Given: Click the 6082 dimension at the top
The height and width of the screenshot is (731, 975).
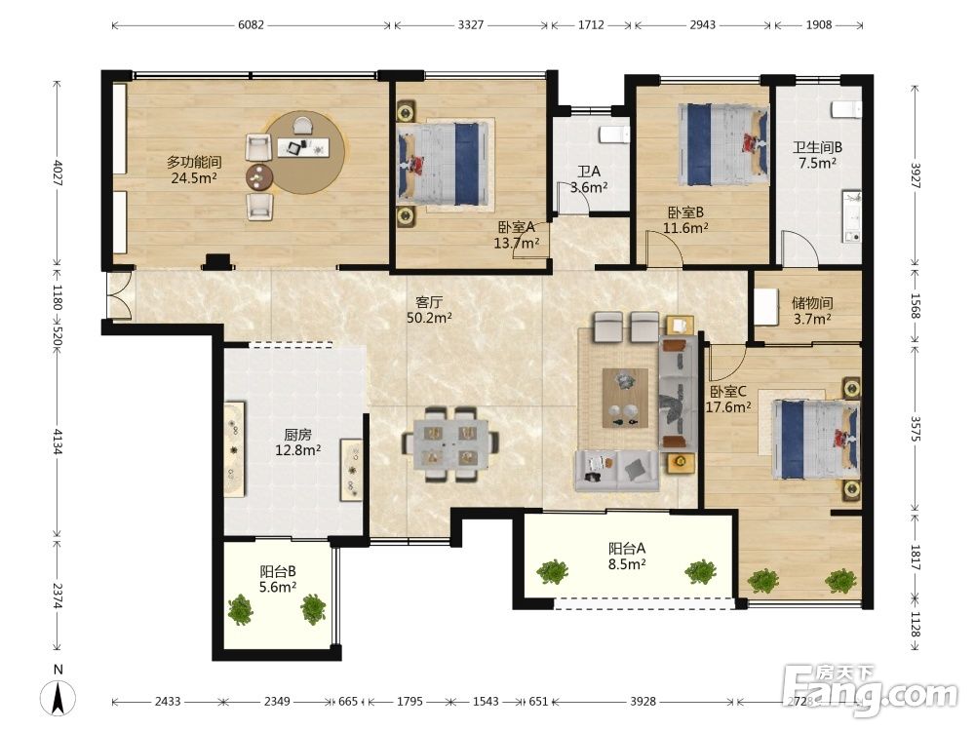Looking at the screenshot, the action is pos(252,25).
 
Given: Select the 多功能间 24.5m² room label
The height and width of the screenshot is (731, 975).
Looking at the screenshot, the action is pos(194,171).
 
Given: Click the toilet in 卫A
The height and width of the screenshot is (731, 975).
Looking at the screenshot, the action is pos(614,135).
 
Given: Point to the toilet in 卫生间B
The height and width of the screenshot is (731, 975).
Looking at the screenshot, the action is pos(847,110).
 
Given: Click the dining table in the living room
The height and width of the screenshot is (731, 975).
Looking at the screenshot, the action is pos(450,443).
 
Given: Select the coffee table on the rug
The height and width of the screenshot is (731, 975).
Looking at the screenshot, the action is pos(625,398).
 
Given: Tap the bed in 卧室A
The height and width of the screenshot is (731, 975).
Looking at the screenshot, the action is pos(443,164).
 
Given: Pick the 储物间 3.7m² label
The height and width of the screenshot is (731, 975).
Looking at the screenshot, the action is pos(812,311).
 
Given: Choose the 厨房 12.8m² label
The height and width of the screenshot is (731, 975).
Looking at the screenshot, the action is pos(297,442).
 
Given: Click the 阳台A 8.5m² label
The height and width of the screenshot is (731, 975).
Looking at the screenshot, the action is pos(627,557).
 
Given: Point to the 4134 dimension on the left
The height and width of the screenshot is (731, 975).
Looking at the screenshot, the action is pos(58,442).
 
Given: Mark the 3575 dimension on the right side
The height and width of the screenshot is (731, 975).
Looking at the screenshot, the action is pos(916,429).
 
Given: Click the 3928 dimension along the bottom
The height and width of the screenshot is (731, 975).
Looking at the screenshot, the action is pos(643,701).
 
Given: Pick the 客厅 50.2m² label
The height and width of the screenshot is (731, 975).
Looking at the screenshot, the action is pos(429,310).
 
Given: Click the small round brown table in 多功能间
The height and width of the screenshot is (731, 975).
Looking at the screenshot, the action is pos(259,177).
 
